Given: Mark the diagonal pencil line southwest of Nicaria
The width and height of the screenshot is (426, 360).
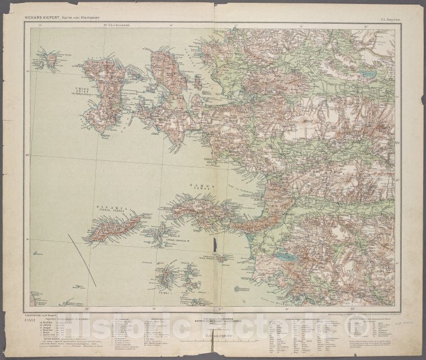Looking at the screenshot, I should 82,260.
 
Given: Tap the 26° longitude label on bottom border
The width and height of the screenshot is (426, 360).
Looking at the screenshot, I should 87,309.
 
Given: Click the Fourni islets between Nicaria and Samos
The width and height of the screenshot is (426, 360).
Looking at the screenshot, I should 161,234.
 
